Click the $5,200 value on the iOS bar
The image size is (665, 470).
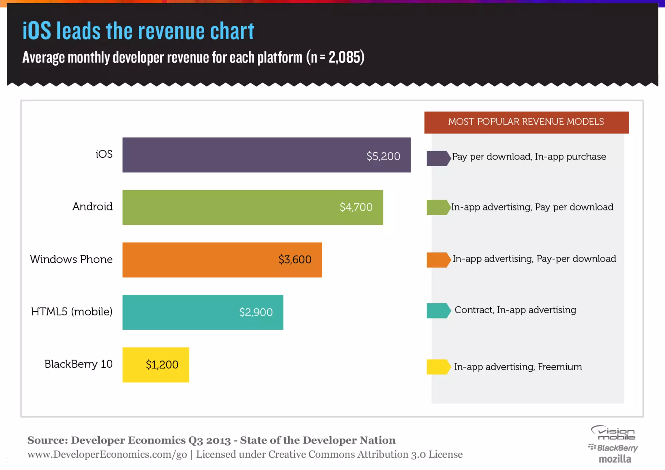coord(383,156)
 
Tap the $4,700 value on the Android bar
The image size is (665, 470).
coord(356,207)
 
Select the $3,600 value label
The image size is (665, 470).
coord(295,260)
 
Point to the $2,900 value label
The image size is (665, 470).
coord(256,312)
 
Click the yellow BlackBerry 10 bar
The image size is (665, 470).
coord(156,365)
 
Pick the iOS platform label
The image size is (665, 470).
coord(104,154)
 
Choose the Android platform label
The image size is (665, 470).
coord(93,207)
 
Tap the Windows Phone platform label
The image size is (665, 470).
coord(71,259)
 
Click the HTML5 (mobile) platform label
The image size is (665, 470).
coord(72,311)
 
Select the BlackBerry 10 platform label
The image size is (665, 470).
coord(79,364)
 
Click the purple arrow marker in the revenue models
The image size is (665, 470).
coord(438,158)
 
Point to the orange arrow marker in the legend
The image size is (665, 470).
coord(438,260)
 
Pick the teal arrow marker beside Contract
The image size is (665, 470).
coord(438,311)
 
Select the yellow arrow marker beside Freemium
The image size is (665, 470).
coord(438,367)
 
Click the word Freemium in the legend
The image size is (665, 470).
coord(560,367)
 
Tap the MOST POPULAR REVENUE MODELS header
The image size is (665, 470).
coord(526,122)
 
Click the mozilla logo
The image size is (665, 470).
coord(615,459)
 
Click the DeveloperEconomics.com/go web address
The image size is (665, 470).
coord(107,454)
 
